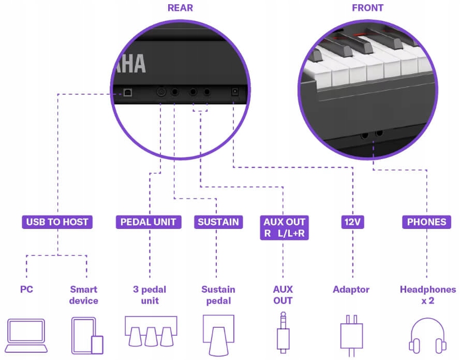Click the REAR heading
click(181, 8)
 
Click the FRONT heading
click(367, 8)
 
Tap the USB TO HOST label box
click(57, 222)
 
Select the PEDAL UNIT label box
click(148, 222)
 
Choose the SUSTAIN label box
click(218, 222)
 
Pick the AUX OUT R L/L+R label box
click(284, 228)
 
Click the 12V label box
click(353, 222)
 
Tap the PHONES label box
click(426, 222)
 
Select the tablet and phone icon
click(86, 336)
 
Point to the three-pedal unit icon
click(150, 332)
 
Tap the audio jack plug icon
click(283, 332)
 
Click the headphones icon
click(427, 336)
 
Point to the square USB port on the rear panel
click(127, 92)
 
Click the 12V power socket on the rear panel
click(234, 92)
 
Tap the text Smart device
click(84, 295)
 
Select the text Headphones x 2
click(427, 295)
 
